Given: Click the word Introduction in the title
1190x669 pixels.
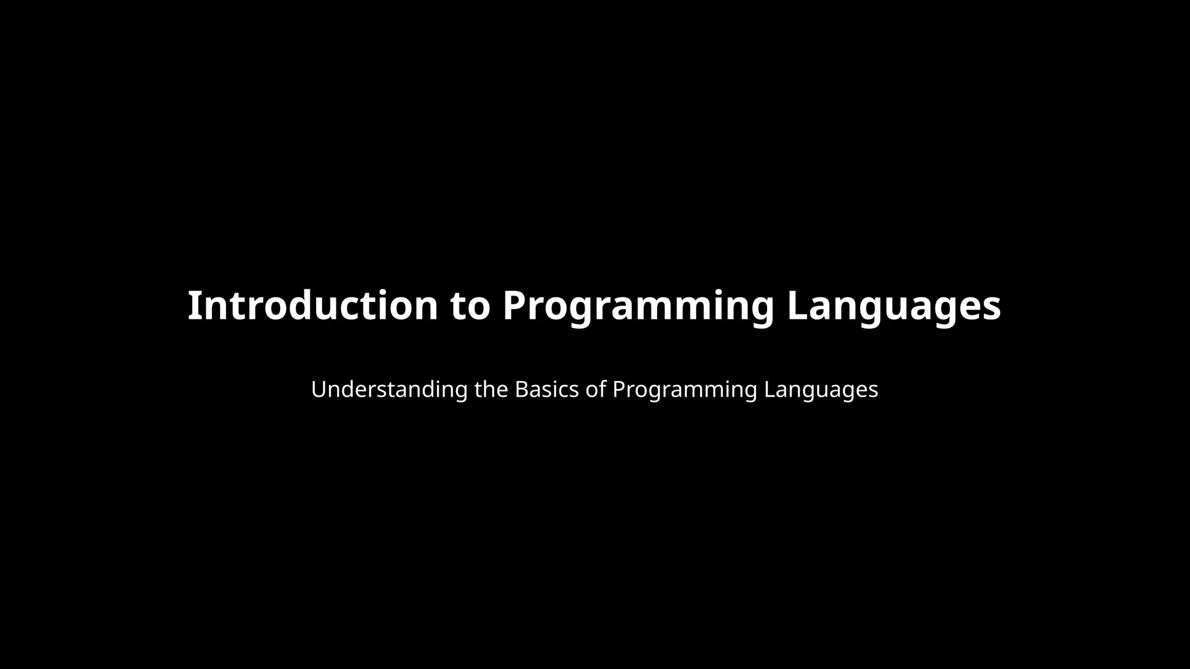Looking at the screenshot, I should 313,306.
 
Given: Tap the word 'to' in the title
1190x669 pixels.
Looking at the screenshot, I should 470,306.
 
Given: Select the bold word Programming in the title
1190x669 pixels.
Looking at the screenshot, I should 638,306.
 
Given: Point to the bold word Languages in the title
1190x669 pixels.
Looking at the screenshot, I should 894,306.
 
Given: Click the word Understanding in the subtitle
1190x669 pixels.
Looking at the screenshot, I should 389,390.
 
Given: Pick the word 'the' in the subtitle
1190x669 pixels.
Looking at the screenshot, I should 491,390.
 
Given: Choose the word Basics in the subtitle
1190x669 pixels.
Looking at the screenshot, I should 547,390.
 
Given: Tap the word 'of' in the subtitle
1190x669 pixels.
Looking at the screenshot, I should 596,390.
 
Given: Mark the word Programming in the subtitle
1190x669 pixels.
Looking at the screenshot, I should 685,390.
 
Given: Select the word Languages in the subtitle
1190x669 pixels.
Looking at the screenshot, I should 821,390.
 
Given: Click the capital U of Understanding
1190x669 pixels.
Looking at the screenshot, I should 319,390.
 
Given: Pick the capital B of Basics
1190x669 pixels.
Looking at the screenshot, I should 521,390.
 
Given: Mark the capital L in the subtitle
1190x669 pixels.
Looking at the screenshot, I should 769,390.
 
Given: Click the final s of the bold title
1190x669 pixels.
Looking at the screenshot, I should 991,308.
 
